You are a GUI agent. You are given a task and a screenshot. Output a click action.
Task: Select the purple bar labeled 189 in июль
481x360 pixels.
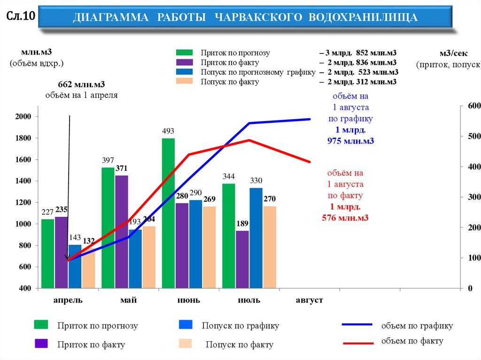click(x=242, y=259)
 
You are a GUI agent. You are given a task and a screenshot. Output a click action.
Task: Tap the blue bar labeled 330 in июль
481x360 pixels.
click(x=256, y=237)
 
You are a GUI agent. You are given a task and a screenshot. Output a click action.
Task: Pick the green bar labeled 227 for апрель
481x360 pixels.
click(x=47, y=253)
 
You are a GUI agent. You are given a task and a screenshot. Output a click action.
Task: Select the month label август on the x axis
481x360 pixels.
click(x=309, y=300)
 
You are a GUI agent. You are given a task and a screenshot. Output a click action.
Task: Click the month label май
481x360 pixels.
click(x=128, y=300)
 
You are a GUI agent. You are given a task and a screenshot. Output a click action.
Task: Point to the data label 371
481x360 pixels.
click(x=121, y=168)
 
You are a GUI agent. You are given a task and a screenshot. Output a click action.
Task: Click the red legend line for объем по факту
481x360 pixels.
click(x=358, y=343)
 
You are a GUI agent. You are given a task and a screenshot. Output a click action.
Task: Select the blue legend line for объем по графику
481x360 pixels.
click(x=358, y=324)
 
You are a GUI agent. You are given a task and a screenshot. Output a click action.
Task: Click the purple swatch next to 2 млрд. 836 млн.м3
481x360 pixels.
click(x=185, y=62)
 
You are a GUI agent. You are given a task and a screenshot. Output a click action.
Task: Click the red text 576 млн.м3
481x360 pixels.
click(x=345, y=217)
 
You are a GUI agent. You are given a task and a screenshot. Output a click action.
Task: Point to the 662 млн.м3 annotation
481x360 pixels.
click(x=81, y=84)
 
